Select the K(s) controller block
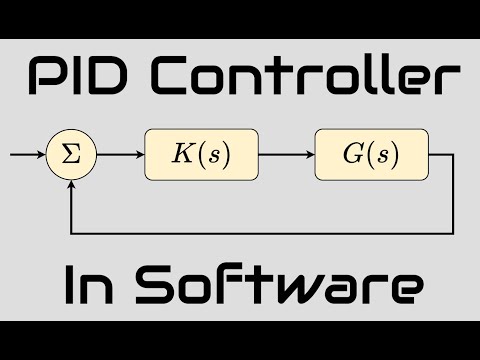coord(201,155)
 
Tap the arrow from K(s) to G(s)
coord(285,155)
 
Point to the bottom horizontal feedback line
coord(260,232)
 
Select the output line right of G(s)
coord(441,155)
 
